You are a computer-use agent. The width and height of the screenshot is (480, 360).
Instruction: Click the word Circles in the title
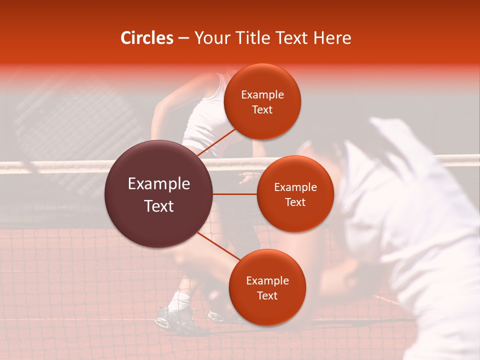(x=146, y=38)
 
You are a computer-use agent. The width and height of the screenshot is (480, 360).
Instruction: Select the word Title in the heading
(x=257, y=38)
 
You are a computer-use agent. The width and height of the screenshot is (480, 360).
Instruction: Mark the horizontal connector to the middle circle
(x=235, y=194)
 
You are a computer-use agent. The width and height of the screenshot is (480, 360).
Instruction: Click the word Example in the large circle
(x=159, y=184)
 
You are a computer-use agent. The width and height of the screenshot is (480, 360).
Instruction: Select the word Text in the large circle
(x=159, y=206)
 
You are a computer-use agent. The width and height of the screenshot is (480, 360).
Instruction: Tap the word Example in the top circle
(x=262, y=95)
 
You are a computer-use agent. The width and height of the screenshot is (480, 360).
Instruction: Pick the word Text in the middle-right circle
(x=295, y=202)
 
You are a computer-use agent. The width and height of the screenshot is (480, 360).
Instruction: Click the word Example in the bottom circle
(x=267, y=281)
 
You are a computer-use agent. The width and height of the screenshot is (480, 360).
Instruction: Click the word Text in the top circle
(x=262, y=110)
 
